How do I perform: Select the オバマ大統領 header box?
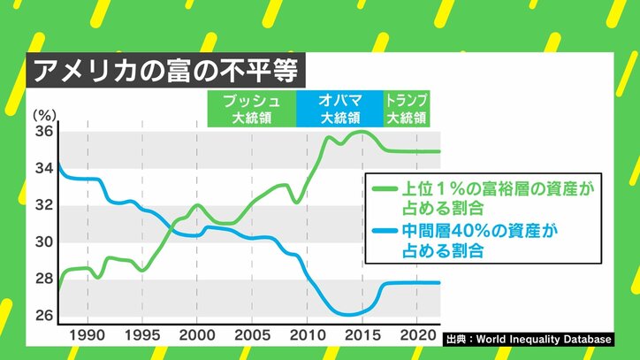pyautogui.click(x=339, y=108)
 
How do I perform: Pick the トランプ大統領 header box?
pyautogui.click(x=407, y=108)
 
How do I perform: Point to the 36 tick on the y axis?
pyautogui.click(x=43, y=132)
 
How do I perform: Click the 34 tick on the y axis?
pyautogui.click(x=43, y=168)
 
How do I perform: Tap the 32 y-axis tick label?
pyautogui.click(x=43, y=205)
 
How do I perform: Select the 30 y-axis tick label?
pyautogui.click(x=43, y=242)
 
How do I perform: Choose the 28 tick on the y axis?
pyautogui.click(x=43, y=280)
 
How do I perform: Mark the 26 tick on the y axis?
pyautogui.click(x=43, y=316)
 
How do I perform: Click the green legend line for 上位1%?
pyautogui.click(x=384, y=188)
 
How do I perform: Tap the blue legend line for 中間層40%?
pyautogui.click(x=384, y=231)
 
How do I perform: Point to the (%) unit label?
pyautogui.click(x=43, y=115)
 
